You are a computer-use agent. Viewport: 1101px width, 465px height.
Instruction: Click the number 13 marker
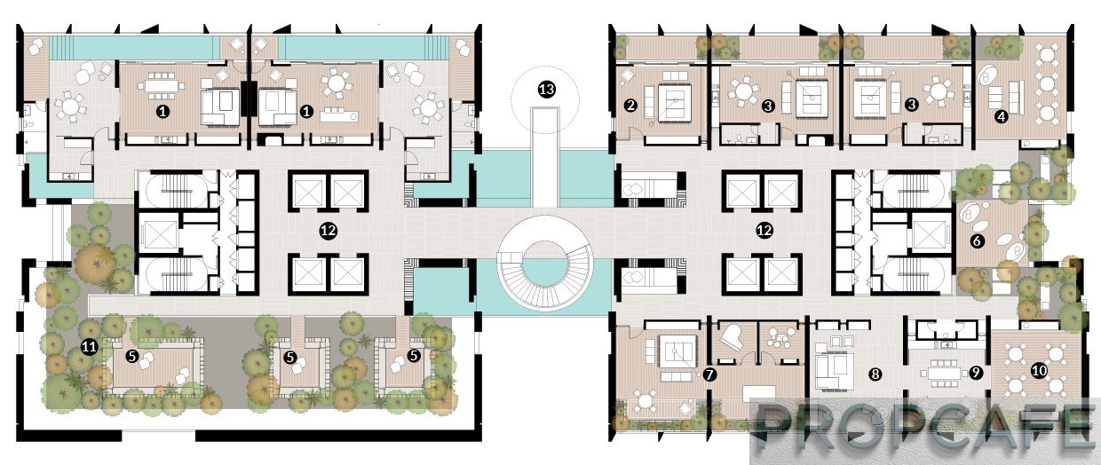click(x=547, y=90)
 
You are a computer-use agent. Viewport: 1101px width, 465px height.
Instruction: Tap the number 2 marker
click(x=630, y=105)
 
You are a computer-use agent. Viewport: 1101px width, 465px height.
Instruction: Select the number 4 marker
click(x=1002, y=116)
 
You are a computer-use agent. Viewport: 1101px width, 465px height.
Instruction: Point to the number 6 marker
click(x=977, y=240)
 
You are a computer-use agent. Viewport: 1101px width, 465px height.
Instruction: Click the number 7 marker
click(x=709, y=374)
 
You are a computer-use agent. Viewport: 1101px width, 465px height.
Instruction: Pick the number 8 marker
click(x=875, y=374)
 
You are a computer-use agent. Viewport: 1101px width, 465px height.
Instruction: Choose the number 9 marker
click(x=976, y=373)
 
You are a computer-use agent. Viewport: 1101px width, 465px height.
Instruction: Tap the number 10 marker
click(x=1039, y=370)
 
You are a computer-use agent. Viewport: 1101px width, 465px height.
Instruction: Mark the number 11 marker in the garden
click(x=89, y=348)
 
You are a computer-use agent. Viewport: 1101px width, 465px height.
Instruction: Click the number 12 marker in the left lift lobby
click(x=329, y=230)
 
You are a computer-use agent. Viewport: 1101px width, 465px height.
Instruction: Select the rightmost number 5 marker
click(x=414, y=356)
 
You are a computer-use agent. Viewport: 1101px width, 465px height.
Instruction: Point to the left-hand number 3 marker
click(x=768, y=105)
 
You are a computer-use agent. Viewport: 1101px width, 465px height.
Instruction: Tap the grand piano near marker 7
click(x=733, y=338)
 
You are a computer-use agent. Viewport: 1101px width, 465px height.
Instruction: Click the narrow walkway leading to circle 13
click(x=545, y=157)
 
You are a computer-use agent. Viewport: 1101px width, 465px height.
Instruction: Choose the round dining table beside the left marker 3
click(x=742, y=91)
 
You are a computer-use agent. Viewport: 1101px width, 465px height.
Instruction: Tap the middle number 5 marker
click(x=290, y=358)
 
